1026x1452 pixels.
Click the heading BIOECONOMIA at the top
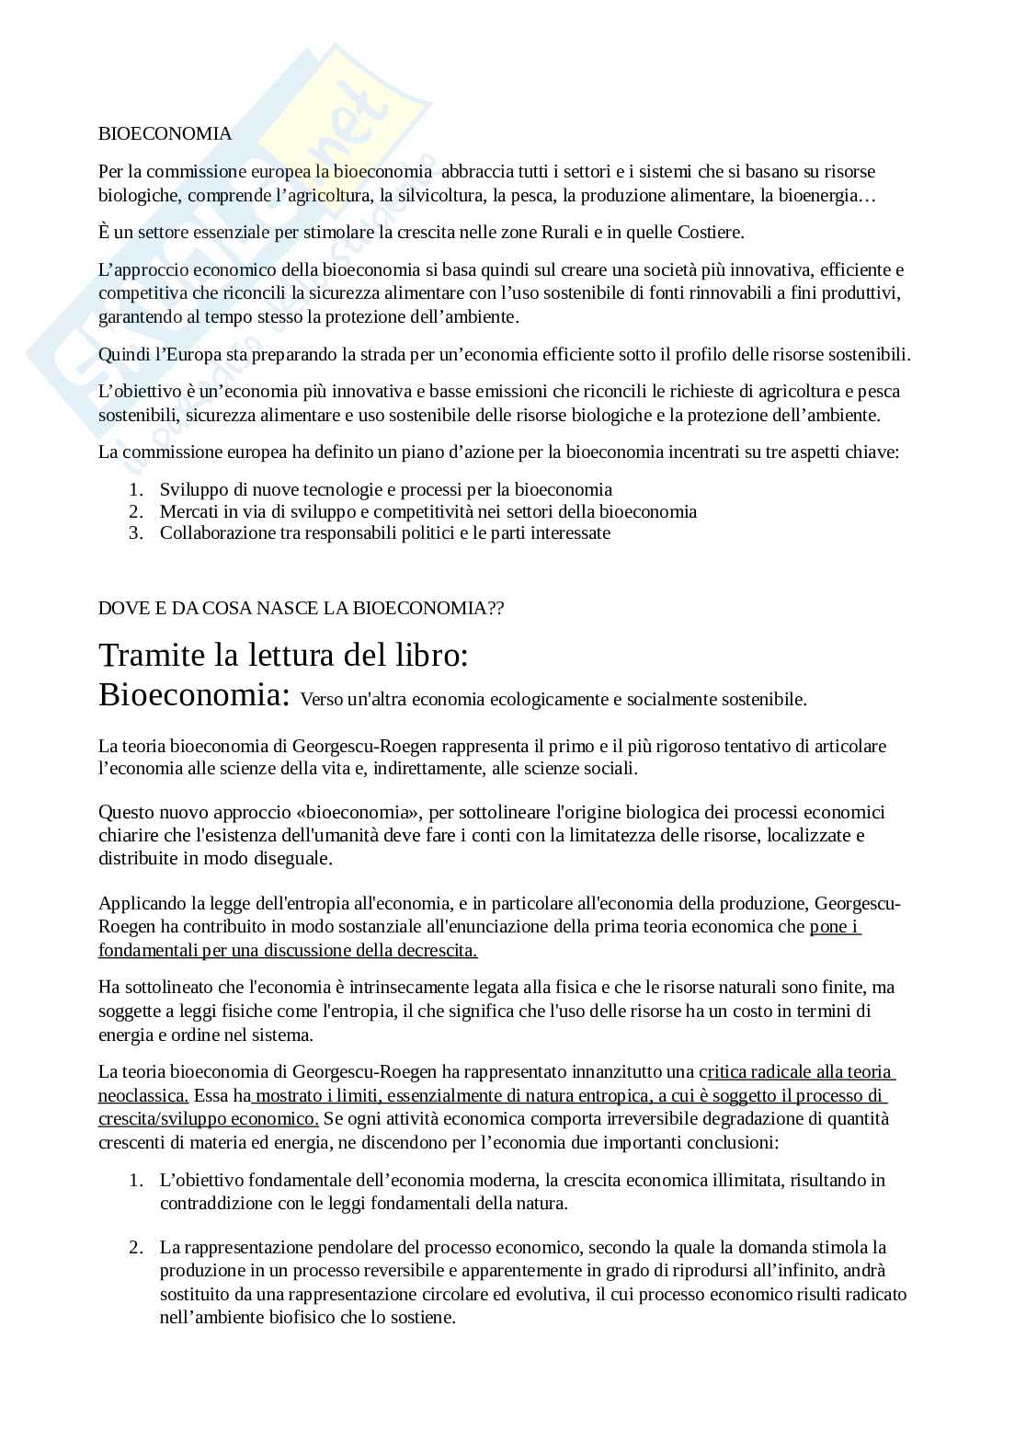165,134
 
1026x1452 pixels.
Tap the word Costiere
710,233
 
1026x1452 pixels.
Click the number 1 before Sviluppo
134,490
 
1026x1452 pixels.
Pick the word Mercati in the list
188,511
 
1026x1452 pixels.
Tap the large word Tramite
152,655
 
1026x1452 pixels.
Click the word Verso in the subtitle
322,700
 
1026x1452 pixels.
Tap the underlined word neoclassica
142,1096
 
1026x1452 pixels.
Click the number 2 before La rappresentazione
134,1248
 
